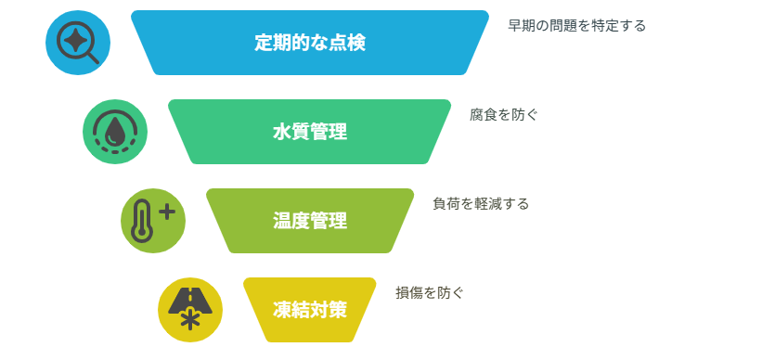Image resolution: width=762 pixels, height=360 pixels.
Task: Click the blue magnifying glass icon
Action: (78, 43)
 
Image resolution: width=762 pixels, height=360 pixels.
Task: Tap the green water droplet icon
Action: (115, 132)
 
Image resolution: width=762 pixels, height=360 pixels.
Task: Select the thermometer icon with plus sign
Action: (153, 221)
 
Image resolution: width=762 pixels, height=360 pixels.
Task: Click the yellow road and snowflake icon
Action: (190, 310)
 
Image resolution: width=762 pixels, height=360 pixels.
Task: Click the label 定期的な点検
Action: (310, 43)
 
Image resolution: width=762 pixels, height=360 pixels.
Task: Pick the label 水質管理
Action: (310, 132)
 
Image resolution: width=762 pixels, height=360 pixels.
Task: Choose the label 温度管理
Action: (310, 221)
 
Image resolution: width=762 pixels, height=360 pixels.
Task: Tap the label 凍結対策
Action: (310, 310)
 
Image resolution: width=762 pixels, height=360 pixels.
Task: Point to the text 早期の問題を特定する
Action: (577, 26)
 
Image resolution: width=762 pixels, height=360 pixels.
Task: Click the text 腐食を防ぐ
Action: (504, 115)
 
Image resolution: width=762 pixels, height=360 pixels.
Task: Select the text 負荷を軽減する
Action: (481, 204)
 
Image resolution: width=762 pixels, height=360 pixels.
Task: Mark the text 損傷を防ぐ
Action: (430, 293)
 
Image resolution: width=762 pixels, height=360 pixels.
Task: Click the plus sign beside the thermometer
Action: (167, 212)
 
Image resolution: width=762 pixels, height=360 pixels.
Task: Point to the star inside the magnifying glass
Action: (74, 39)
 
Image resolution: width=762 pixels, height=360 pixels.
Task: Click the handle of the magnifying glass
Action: (93, 58)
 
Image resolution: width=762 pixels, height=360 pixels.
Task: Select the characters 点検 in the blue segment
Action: (347, 43)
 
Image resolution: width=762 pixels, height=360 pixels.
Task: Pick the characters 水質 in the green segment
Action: (291, 132)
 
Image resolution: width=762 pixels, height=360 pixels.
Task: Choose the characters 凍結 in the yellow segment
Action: (291, 310)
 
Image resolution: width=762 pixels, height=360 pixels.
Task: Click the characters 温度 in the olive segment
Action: (291, 221)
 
